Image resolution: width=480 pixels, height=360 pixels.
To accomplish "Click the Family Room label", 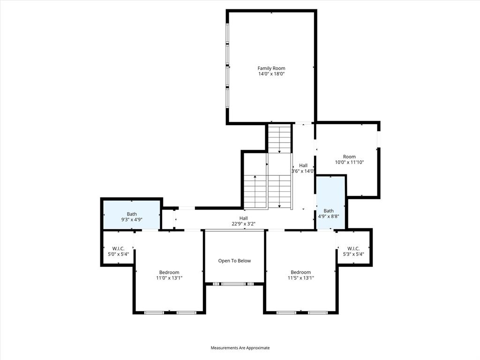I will click(x=271, y=68).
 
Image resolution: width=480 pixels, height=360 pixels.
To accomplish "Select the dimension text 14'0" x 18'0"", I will click(x=271, y=74).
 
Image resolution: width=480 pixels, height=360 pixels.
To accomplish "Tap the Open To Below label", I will click(x=234, y=261).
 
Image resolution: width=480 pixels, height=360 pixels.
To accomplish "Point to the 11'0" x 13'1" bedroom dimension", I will click(x=169, y=278).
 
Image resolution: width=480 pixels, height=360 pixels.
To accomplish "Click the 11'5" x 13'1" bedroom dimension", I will click(x=300, y=278).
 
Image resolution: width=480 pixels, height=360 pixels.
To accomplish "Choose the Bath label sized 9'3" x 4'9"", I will click(x=132, y=214).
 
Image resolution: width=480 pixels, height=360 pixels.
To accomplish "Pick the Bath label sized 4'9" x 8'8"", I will click(x=329, y=211).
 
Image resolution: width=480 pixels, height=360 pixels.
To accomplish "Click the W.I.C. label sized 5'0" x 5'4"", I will click(x=118, y=248).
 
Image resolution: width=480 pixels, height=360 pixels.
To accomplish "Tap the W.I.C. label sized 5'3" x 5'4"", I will click(x=353, y=248).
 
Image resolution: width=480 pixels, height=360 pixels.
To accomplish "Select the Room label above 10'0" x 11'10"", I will click(x=349, y=157).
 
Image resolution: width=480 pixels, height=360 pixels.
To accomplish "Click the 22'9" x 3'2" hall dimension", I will click(x=244, y=224).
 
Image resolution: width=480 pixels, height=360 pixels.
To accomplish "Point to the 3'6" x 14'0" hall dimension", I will click(x=303, y=172).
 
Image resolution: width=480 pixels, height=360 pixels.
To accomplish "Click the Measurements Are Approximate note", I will click(x=240, y=348).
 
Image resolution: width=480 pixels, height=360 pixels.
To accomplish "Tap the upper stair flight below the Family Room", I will click(x=279, y=138).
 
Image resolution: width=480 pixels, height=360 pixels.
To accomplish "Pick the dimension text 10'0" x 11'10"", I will click(x=349, y=162).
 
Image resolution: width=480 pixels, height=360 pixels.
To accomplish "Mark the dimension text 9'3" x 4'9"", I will click(x=132, y=220).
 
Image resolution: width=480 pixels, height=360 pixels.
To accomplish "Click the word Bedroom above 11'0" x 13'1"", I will click(x=169, y=272).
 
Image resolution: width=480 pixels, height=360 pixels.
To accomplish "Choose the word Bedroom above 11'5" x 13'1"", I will click(x=300, y=272).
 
